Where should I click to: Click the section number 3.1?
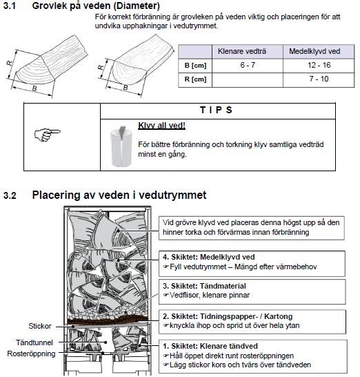point(10,6)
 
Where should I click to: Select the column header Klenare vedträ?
point(242,51)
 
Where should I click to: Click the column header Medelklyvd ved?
point(314,51)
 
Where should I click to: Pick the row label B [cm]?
point(195,66)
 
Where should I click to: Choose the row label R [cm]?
point(195,79)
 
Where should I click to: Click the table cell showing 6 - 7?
point(248,65)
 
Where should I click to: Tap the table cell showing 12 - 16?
point(319,65)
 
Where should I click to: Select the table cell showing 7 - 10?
point(319,79)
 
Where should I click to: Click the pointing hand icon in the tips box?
point(48,135)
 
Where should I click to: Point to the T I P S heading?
point(216,110)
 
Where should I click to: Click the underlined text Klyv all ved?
point(161,126)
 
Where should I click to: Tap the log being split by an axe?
point(121,146)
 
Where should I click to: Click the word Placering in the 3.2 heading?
point(56,195)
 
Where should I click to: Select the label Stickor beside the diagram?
point(40,326)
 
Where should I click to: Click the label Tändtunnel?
point(34,342)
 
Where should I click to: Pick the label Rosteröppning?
point(31,354)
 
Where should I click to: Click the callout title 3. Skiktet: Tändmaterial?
point(204,286)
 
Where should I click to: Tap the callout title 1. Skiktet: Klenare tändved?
point(210,346)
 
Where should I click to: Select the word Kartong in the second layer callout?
point(279,316)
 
